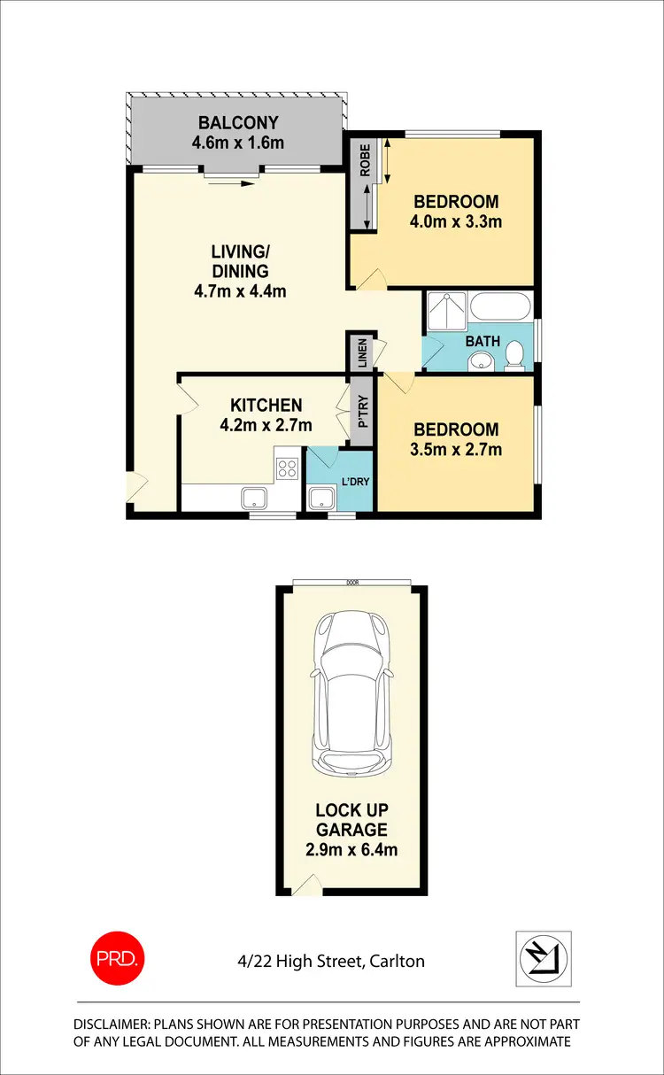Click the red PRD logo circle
pyautogui.click(x=116, y=957)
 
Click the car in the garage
pyautogui.click(x=352, y=695)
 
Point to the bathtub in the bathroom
pyautogui.click(x=500, y=309)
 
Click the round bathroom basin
pyautogui.click(x=480, y=360)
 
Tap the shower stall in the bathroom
pyautogui.click(x=445, y=312)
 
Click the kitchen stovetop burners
pyautogui.click(x=287, y=468)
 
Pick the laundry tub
pyautogui.click(x=320, y=498)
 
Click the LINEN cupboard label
pyautogui.click(x=361, y=352)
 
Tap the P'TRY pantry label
pyautogui.click(x=362, y=412)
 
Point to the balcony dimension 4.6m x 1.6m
pyautogui.click(x=237, y=143)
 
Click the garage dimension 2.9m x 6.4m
pyautogui.click(x=352, y=850)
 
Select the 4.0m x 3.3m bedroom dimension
pyautogui.click(x=455, y=221)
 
